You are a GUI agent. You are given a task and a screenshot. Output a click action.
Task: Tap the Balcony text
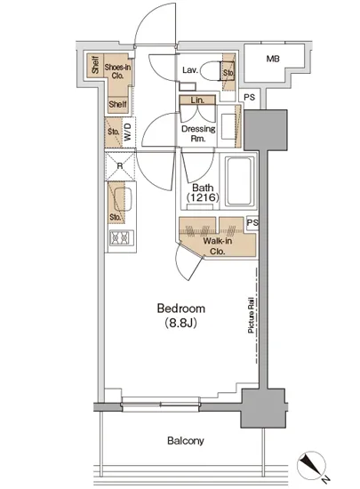tap(186, 441)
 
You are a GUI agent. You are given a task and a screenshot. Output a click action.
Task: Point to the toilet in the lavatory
tap(210, 71)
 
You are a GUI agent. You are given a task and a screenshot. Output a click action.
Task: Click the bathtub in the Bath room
tap(239, 181)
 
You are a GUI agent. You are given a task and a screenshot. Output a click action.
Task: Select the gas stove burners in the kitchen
tap(122, 238)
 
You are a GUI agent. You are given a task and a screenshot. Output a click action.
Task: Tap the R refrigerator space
tap(120, 166)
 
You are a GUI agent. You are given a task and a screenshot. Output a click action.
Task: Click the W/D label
tap(128, 132)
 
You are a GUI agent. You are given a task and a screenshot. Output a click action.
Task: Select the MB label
tap(273, 59)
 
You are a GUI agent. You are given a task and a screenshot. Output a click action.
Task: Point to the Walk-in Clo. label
tap(217, 246)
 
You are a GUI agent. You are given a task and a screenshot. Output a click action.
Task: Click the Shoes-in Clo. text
tap(117, 71)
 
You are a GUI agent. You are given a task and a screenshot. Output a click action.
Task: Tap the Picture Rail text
tap(251, 316)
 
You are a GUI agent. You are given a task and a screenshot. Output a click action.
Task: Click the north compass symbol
tap(312, 466)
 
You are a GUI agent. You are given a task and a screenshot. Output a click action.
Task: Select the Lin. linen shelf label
tap(197, 100)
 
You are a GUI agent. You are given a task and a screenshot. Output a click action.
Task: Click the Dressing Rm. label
tap(198, 133)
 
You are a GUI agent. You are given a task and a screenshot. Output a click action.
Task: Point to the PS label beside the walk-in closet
tap(252, 222)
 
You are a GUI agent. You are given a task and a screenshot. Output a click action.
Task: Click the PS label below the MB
tap(250, 97)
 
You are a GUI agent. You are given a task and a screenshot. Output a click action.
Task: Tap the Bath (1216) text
tap(203, 192)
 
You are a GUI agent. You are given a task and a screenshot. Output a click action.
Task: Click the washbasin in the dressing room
tap(228, 126)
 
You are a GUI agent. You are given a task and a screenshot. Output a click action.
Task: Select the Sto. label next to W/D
tap(114, 132)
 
